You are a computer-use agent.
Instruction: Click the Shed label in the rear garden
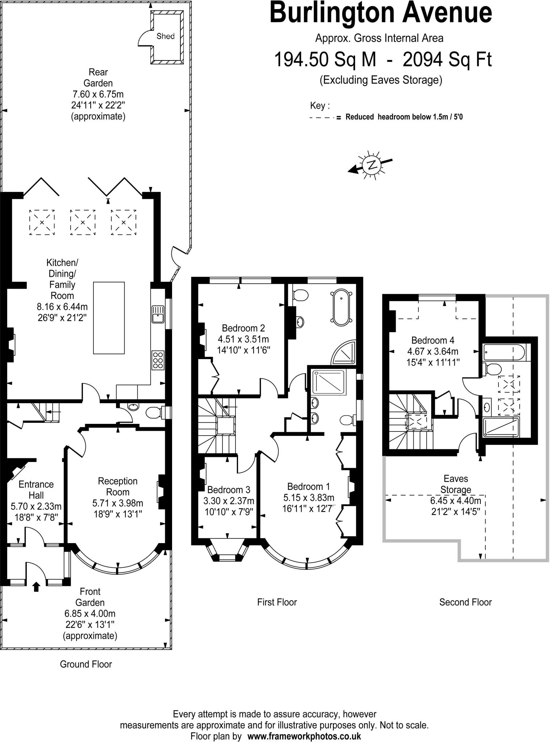tap(165, 36)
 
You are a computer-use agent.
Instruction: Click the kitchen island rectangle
tap(109, 318)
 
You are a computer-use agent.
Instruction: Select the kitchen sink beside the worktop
tap(158, 314)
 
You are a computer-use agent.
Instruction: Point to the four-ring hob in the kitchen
tap(158, 360)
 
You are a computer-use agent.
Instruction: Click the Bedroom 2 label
tap(243, 328)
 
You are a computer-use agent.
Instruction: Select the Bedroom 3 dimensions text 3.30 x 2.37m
tap(229, 501)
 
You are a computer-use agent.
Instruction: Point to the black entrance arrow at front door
tap(36, 586)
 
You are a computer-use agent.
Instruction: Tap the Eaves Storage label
tap(455, 484)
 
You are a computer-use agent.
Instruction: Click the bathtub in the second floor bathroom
tap(504, 352)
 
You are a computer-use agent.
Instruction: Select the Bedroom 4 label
tap(433, 340)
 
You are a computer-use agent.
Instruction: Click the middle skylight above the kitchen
tap(83, 222)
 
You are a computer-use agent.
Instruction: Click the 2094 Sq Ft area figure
tap(447, 60)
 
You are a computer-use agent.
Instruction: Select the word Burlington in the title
tap(329, 13)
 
